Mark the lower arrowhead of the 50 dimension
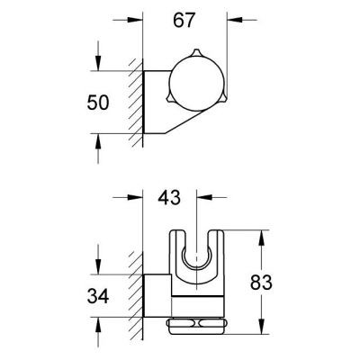click(x=97, y=136)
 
